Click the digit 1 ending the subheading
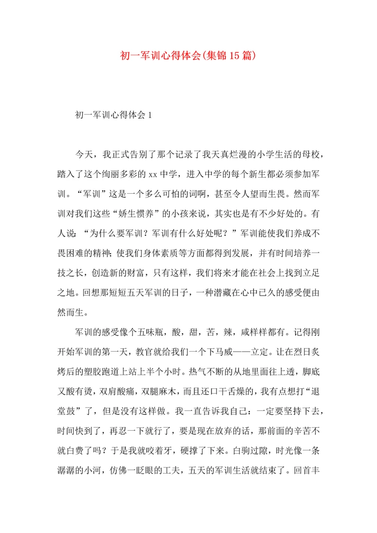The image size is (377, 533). pos(150,115)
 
